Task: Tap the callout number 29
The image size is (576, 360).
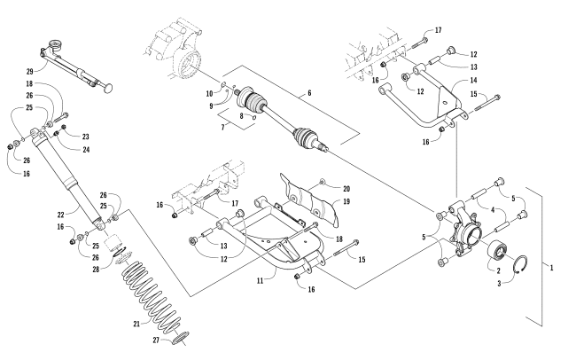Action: point(30,70)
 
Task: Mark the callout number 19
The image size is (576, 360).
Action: point(322,202)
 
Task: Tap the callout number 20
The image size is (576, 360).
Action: point(322,189)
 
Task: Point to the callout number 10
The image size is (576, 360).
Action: point(210,92)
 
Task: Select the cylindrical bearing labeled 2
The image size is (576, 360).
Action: point(494,250)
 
